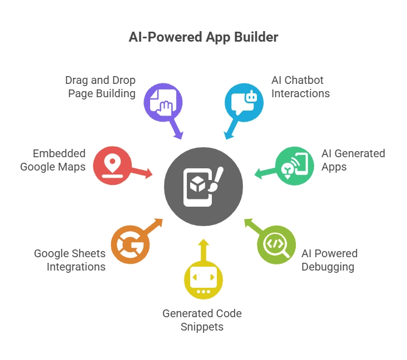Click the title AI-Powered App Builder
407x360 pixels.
(x=203, y=38)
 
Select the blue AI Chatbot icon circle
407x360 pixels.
(x=244, y=102)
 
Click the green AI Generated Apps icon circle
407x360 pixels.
(x=294, y=165)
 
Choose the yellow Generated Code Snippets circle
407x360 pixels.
(x=203, y=280)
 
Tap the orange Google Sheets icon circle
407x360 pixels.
(x=130, y=244)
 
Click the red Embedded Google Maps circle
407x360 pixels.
(x=113, y=165)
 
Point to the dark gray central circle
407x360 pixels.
(x=203, y=186)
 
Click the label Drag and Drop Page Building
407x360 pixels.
(x=101, y=87)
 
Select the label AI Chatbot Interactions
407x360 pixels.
(x=300, y=87)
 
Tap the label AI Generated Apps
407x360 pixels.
(x=353, y=160)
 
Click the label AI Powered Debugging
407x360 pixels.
(x=329, y=260)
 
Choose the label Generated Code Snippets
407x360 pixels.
(x=202, y=320)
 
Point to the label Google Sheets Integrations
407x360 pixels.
(x=70, y=260)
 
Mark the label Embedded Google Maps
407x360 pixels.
(x=53, y=160)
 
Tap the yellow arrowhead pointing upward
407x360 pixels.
(x=203, y=243)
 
